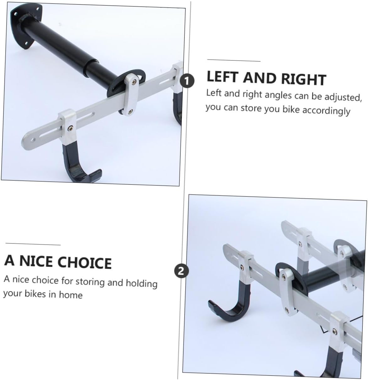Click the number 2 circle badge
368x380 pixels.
181,271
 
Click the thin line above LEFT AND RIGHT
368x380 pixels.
234,61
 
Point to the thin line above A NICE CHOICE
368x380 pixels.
33,244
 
